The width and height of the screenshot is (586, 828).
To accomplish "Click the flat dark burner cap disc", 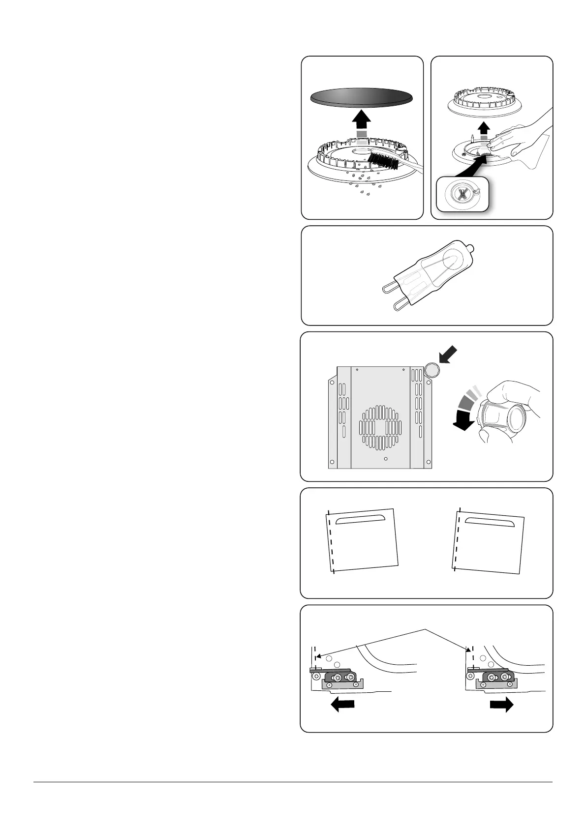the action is click(362, 96).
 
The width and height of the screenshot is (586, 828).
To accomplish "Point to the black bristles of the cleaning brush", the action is click(383, 160).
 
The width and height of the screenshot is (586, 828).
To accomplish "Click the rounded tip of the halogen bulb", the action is click(471, 249).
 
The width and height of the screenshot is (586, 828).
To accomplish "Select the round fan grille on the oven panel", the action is click(381, 427).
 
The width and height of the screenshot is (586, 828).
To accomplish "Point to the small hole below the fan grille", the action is click(385, 459).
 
